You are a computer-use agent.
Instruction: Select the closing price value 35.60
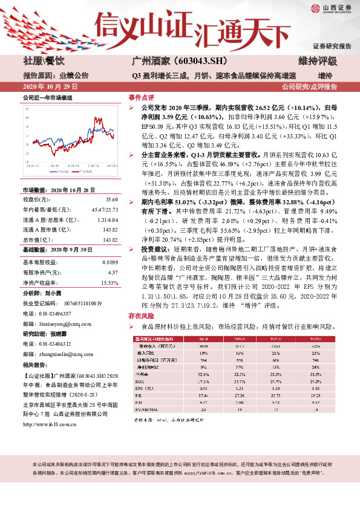tap(111, 199)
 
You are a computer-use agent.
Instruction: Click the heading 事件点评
tap(140, 97)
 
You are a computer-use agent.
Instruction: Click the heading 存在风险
tap(140, 316)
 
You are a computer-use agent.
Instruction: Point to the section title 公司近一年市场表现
tap(48, 97)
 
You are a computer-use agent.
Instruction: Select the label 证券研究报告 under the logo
tap(332, 46)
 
